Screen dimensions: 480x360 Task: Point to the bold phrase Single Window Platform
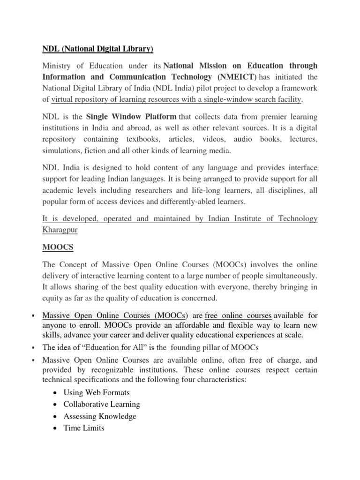coord(131,116)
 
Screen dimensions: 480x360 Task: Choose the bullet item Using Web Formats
coord(97,392)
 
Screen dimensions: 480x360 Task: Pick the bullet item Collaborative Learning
coord(102,404)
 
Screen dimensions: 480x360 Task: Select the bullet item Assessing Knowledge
coord(100,416)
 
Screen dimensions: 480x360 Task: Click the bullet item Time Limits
coord(84,427)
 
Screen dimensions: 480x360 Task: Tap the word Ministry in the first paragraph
coord(57,66)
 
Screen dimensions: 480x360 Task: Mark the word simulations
coord(62,150)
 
